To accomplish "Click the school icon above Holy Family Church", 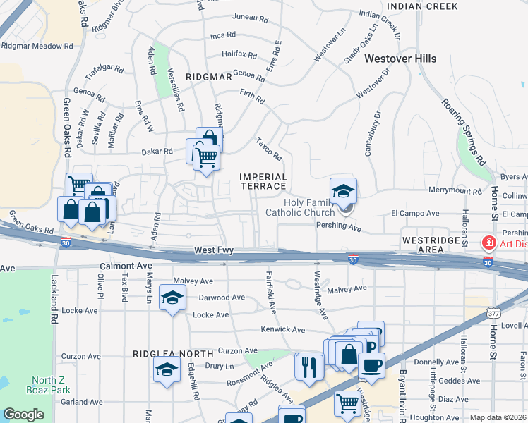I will click(x=343, y=190).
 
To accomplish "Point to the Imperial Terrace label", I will click(x=263, y=182).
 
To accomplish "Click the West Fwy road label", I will click(x=215, y=251).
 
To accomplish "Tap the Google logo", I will click(x=23, y=415).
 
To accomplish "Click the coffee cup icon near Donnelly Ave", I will click(x=371, y=365).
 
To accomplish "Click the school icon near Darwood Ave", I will click(x=172, y=298).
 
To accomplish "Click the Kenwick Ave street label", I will click(x=282, y=329).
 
